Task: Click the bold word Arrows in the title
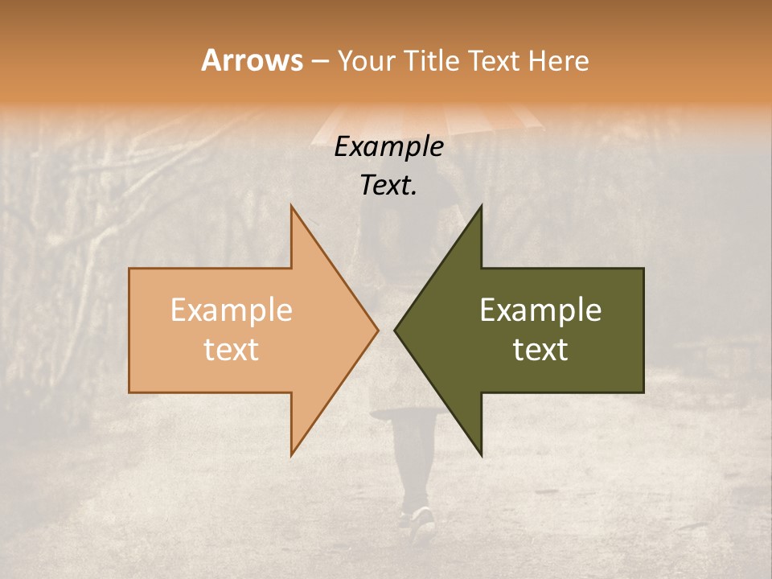(x=252, y=60)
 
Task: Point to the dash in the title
(x=319, y=61)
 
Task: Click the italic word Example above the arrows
(x=389, y=146)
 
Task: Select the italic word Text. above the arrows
(x=389, y=186)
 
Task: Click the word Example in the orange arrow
(x=232, y=310)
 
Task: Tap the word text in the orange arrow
(x=232, y=349)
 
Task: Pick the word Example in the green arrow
(x=540, y=310)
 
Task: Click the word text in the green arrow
(x=540, y=349)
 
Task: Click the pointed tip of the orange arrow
(x=376, y=330)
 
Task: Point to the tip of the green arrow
(x=397, y=330)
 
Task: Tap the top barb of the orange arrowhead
(x=294, y=211)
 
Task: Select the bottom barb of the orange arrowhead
(x=294, y=450)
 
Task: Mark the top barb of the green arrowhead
(x=478, y=211)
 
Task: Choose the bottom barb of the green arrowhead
(x=478, y=450)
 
